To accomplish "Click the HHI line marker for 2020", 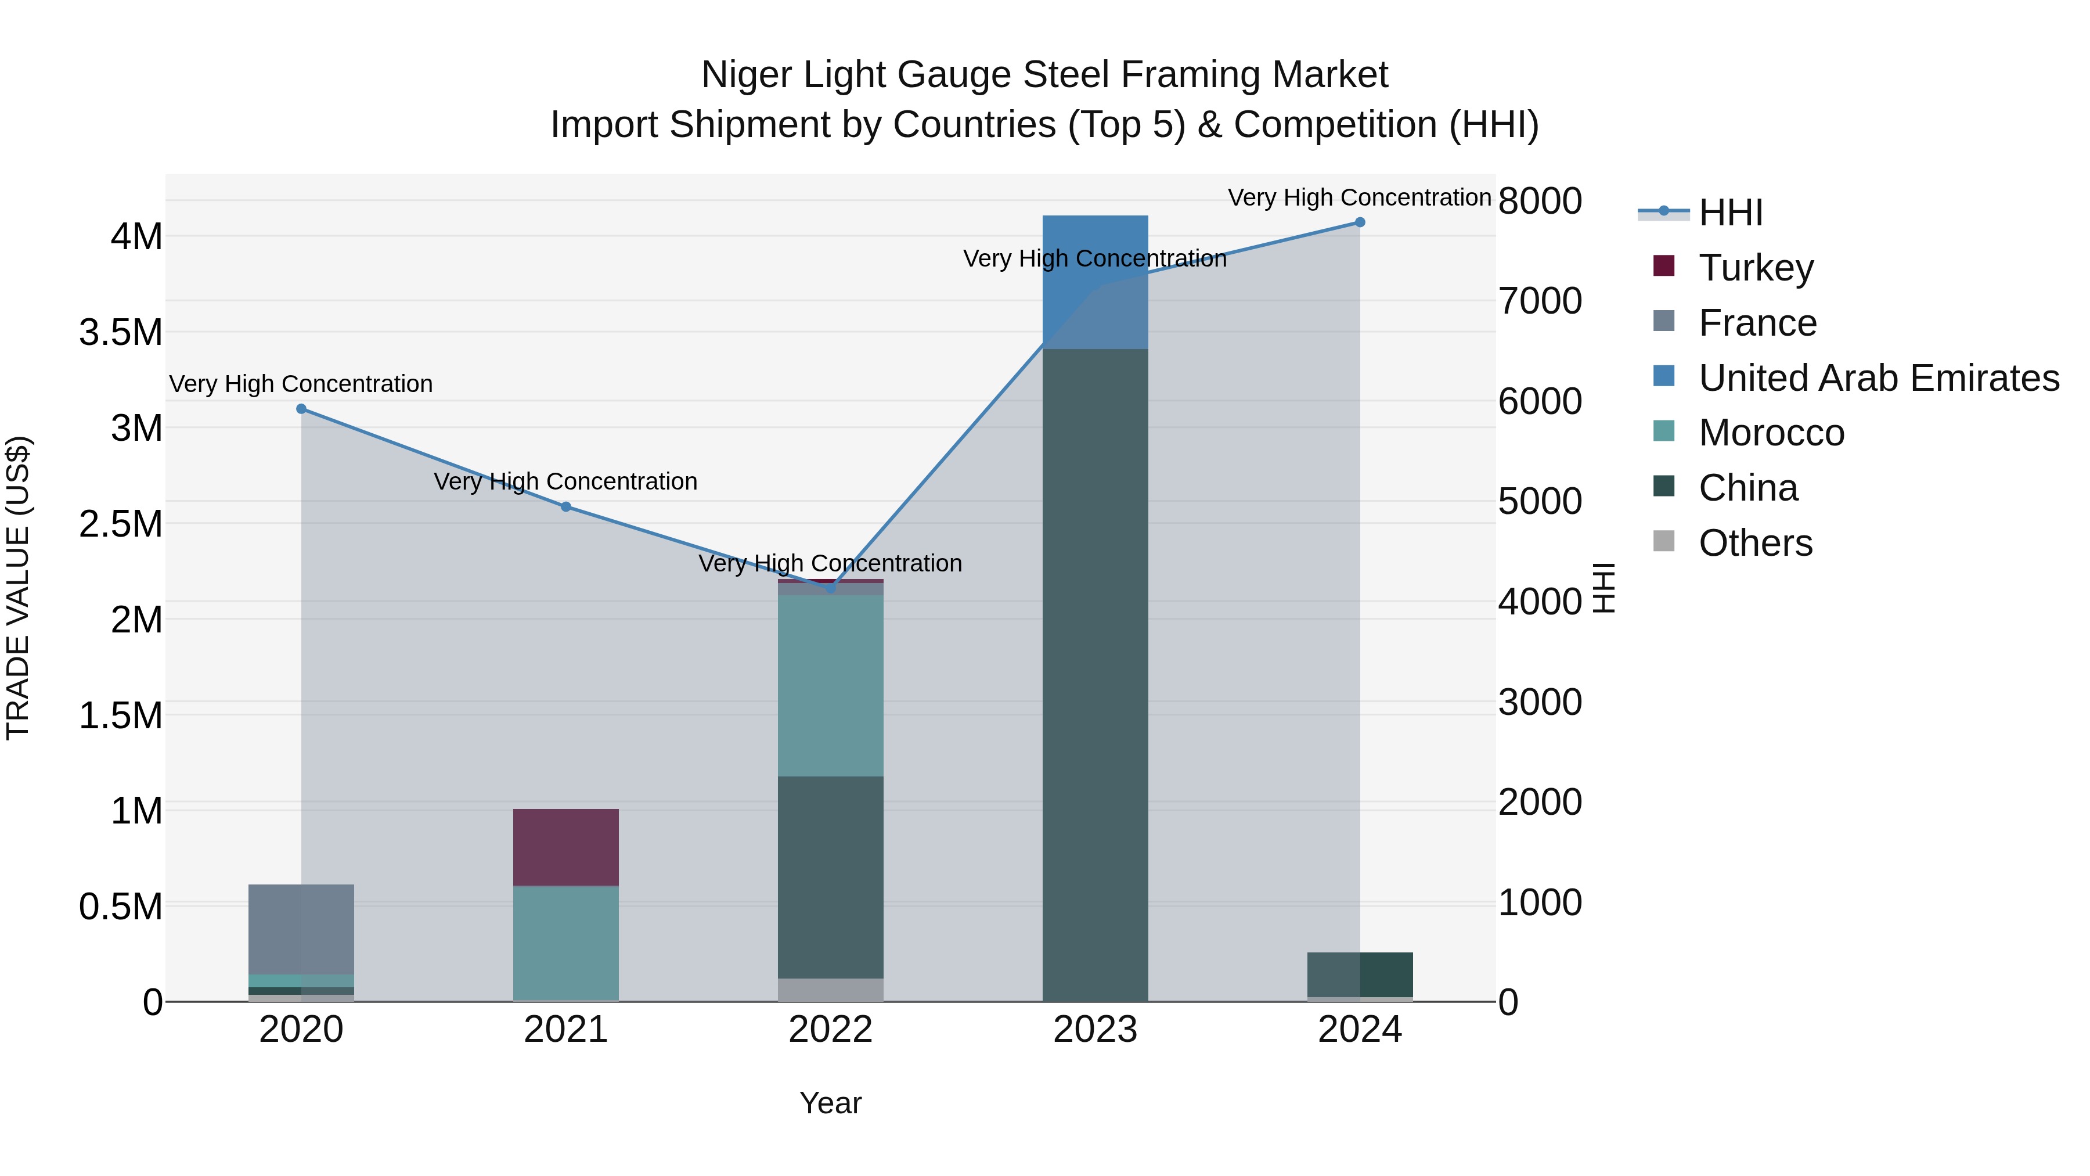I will point(301,409).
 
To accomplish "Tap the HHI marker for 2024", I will point(1360,222).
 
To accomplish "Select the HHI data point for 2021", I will point(566,507).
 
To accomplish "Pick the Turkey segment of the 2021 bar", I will point(565,847).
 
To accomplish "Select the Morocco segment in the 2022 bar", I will point(830,686).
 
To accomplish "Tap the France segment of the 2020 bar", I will point(301,929).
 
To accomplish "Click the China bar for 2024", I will point(1360,974).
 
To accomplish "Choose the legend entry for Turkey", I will point(1755,268).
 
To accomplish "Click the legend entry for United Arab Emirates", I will point(1878,378).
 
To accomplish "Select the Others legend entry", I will point(1755,543).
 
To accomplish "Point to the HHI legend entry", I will point(1730,213).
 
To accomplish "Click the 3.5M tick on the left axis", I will point(121,333).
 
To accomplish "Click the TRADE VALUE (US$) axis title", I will point(19,588).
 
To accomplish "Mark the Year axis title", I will point(830,1103).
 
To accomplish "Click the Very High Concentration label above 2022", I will point(830,563).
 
